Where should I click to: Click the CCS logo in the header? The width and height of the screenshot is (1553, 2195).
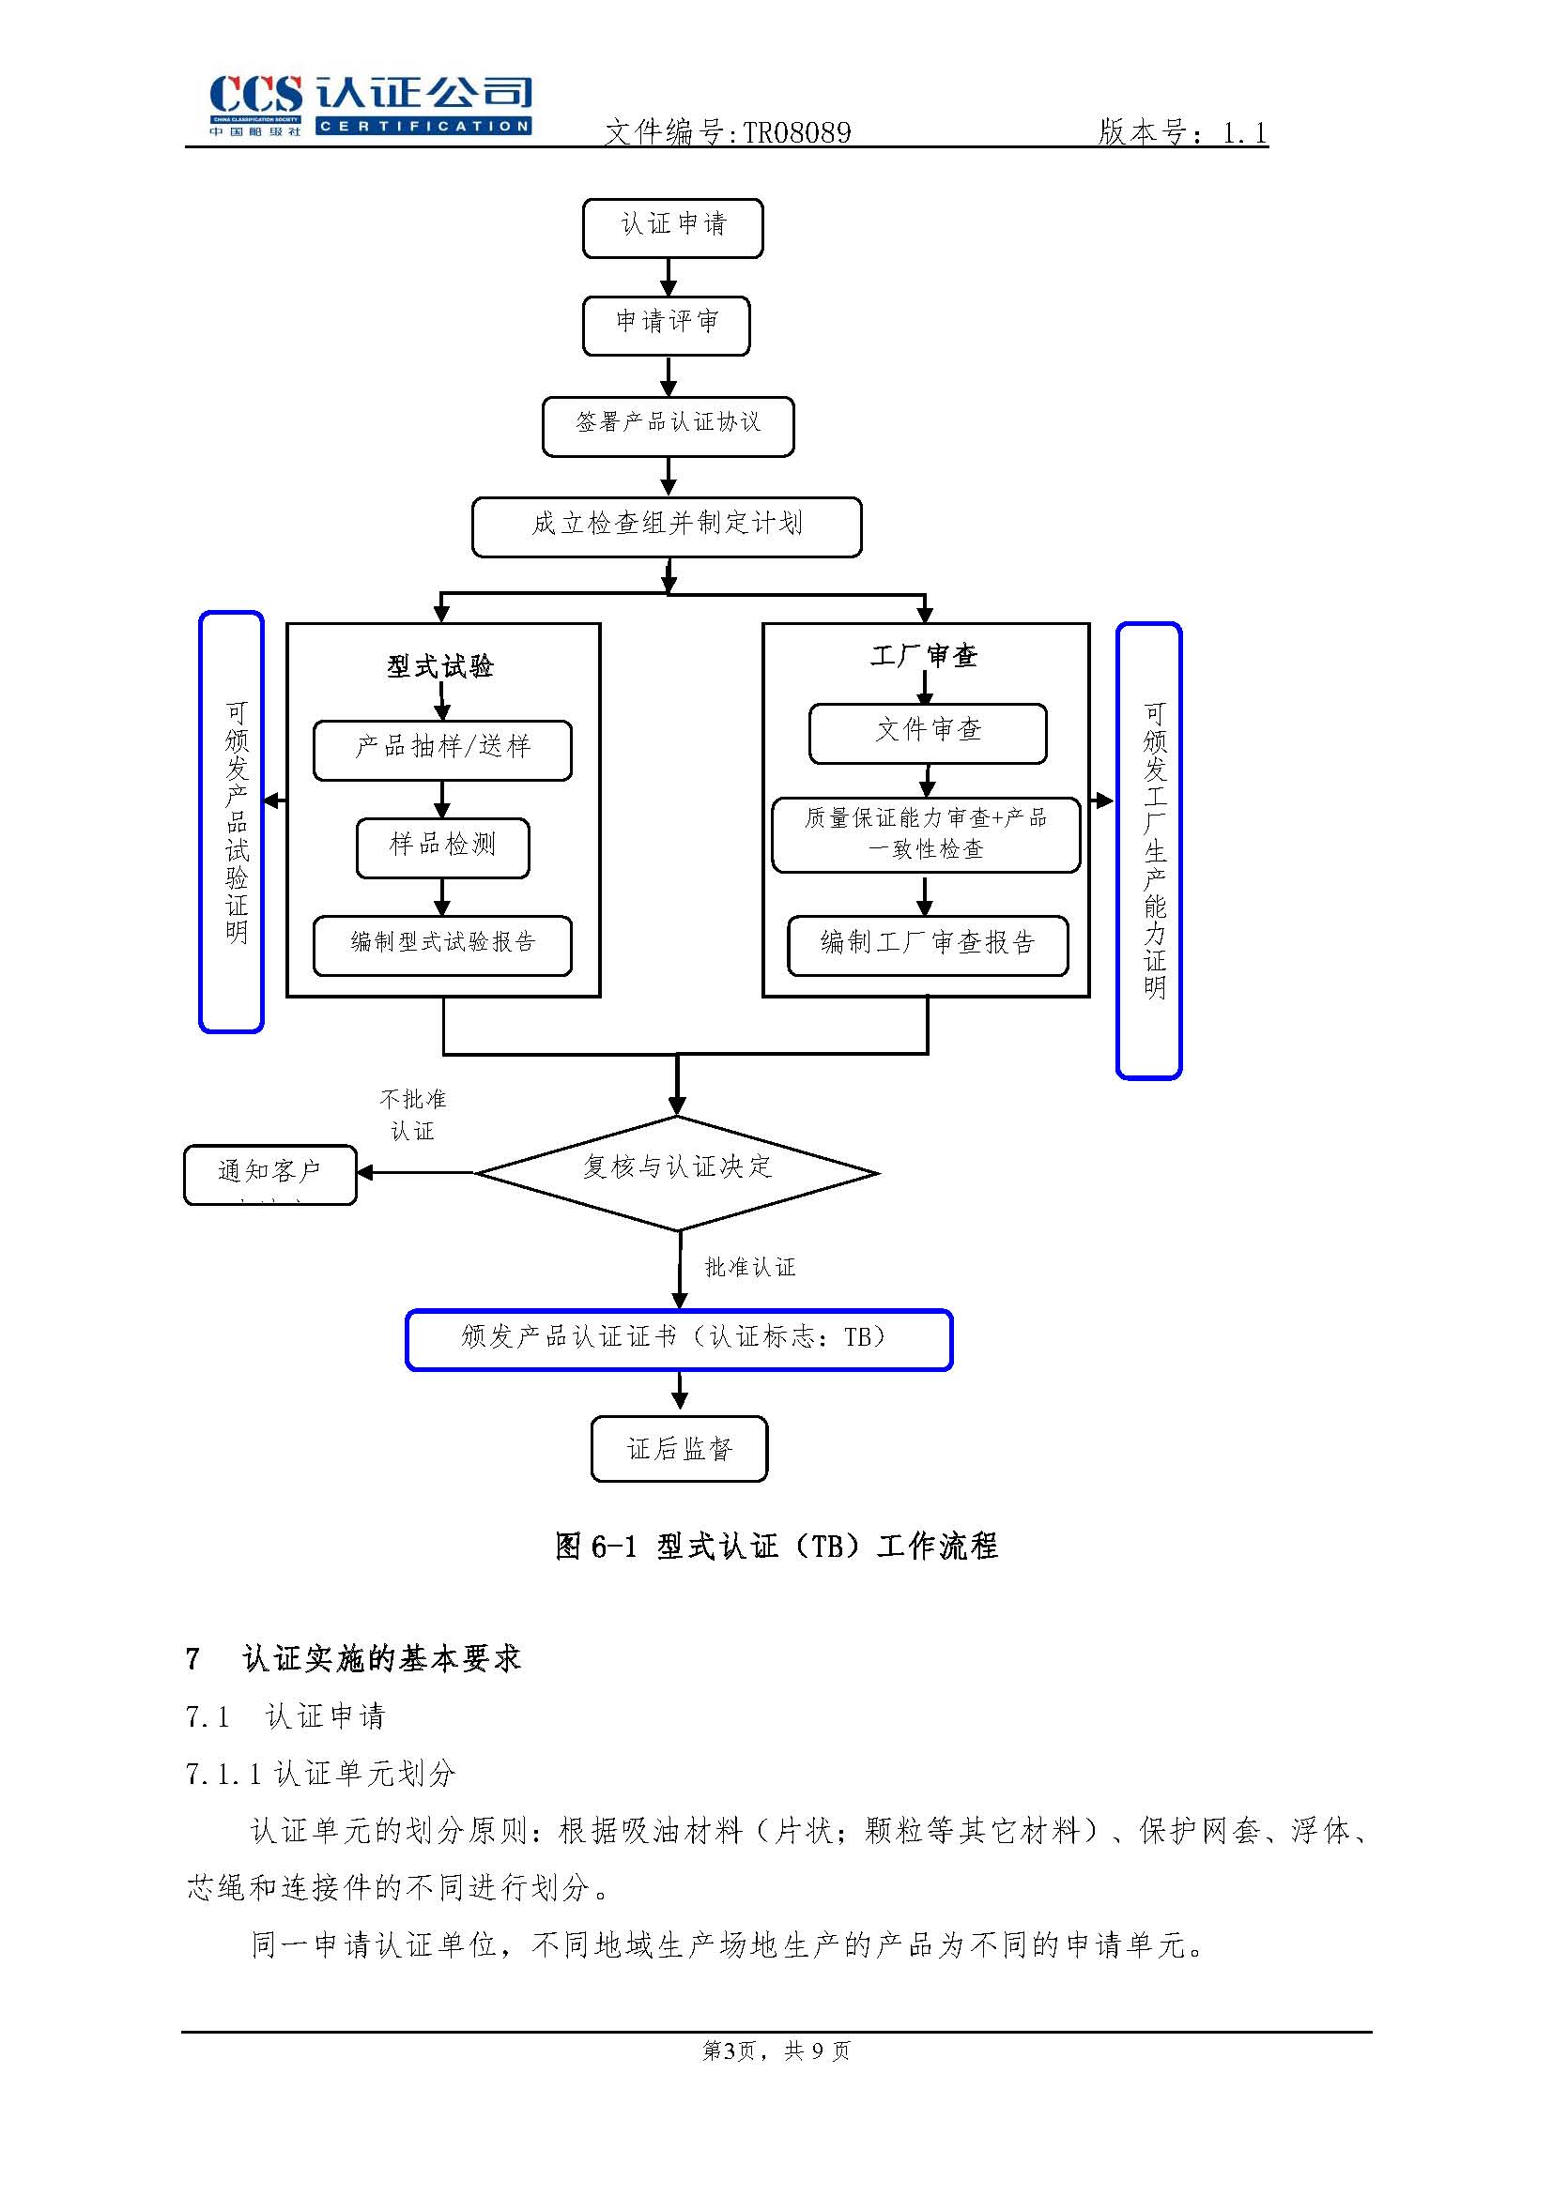pyautogui.click(x=370, y=105)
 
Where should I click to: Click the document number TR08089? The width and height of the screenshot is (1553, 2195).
pyautogui.click(x=796, y=133)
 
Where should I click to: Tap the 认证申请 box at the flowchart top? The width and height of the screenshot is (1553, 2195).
pyautogui.click(x=672, y=227)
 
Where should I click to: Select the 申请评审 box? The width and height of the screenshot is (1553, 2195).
pyautogui.click(x=666, y=326)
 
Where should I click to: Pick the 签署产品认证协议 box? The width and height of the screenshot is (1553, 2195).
pyautogui.click(x=668, y=426)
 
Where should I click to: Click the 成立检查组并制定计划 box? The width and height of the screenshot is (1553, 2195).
pyautogui.click(x=667, y=526)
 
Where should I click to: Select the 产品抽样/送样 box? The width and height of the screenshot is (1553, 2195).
pyautogui.click(x=442, y=751)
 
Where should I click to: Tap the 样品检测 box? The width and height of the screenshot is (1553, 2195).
pyautogui.click(x=442, y=848)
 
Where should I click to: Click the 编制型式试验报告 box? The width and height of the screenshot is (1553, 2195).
pyautogui.click(x=442, y=946)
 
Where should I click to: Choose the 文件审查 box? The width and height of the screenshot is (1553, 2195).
pyautogui.click(x=928, y=734)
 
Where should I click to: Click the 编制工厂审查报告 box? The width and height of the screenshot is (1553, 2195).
pyautogui.click(x=927, y=946)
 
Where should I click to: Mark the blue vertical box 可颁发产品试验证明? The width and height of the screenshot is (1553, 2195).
pyautogui.click(x=231, y=822)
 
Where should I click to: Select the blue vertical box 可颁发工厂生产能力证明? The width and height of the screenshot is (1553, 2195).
pyautogui.click(x=1148, y=851)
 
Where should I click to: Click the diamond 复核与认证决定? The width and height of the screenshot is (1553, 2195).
pyautogui.click(x=676, y=1172)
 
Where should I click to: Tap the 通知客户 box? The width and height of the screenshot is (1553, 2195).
pyautogui.click(x=269, y=1174)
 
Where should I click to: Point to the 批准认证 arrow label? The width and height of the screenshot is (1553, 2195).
pyautogui.click(x=749, y=1268)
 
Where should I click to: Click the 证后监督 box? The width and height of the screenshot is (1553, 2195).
pyautogui.click(x=679, y=1449)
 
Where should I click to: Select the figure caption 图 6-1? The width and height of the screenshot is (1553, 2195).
pyautogui.click(x=776, y=1547)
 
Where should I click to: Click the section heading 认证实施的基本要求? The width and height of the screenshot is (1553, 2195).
pyautogui.click(x=380, y=1658)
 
